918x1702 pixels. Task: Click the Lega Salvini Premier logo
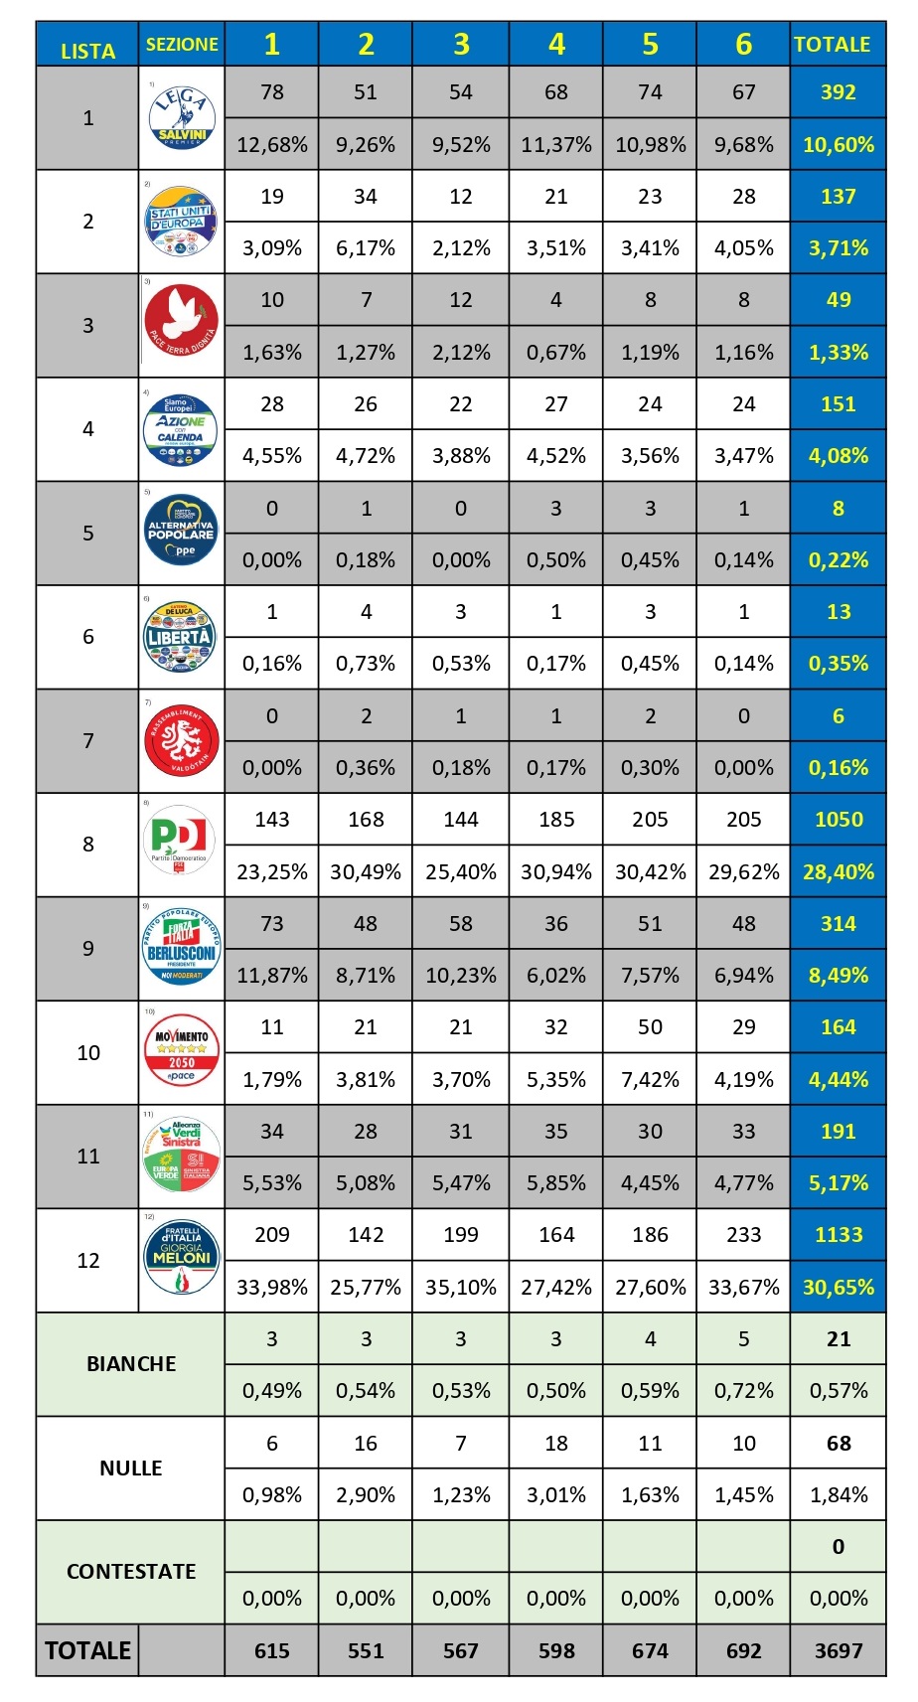coord(182,117)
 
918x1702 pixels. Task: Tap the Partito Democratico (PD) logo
coord(181,841)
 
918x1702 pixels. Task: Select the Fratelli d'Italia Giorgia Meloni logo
coord(181,1258)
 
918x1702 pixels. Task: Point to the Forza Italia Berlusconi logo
coord(181,948)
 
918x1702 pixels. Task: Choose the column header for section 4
coord(556,45)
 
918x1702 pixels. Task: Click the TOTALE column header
coord(838,45)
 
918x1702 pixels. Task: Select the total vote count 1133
coord(838,1235)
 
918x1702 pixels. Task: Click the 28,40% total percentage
coord(838,872)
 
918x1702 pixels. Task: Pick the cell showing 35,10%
coord(461,1288)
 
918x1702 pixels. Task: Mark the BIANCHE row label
coord(131,1364)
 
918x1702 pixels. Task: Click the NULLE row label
coord(131,1469)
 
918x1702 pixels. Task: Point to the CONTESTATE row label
coord(131,1572)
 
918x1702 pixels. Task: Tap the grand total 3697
coord(838,1651)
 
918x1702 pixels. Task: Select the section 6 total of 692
coord(743,1651)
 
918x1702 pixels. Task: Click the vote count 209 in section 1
coord(272,1235)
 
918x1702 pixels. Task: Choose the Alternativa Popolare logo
coord(181,533)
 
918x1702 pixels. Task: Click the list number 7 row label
coord(88,741)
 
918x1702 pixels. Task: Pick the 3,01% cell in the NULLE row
coord(556,1495)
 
